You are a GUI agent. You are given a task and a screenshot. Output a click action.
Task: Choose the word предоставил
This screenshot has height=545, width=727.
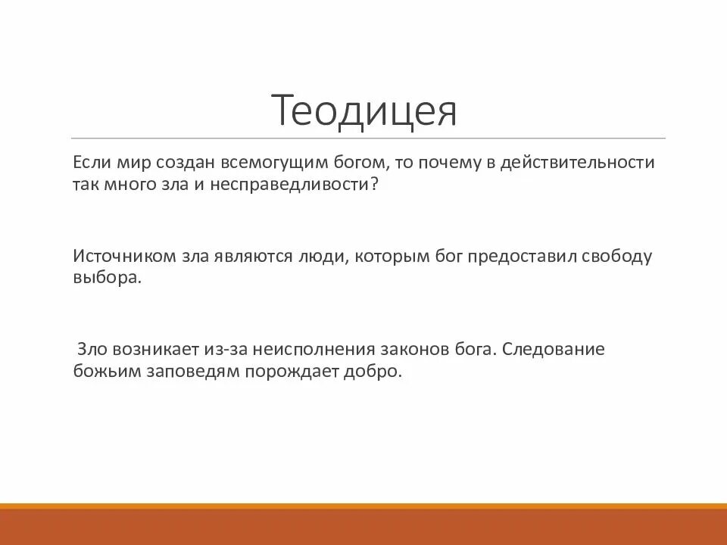521,256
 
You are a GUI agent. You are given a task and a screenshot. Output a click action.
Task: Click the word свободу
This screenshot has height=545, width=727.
617,256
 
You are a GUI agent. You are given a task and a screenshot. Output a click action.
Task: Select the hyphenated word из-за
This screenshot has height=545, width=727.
226,350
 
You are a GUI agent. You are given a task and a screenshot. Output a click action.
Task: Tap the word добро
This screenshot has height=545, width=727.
373,372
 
